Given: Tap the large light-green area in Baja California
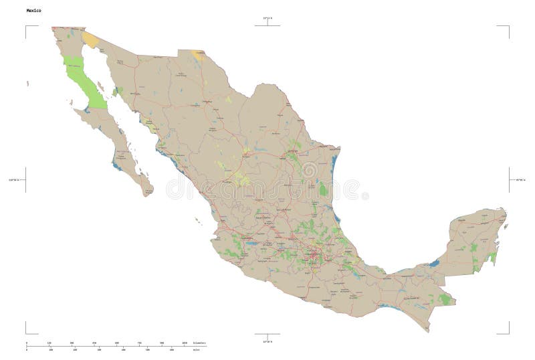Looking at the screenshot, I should tap(84, 80).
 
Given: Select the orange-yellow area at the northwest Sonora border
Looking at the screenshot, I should tap(90, 40).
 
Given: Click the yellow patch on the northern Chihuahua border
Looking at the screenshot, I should tap(198, 55).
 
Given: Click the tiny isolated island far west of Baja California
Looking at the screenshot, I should tap(28, 83).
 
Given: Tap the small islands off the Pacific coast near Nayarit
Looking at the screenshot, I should tap(198, 219).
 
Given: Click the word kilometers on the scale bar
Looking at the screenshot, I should tap(199, 343).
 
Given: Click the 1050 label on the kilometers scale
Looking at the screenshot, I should tap(185, 343).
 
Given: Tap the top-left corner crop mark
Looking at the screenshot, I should tap(27, 27).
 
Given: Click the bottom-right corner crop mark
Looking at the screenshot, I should tap(508, 332).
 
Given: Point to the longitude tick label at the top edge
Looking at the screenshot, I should tap(267, 17).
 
